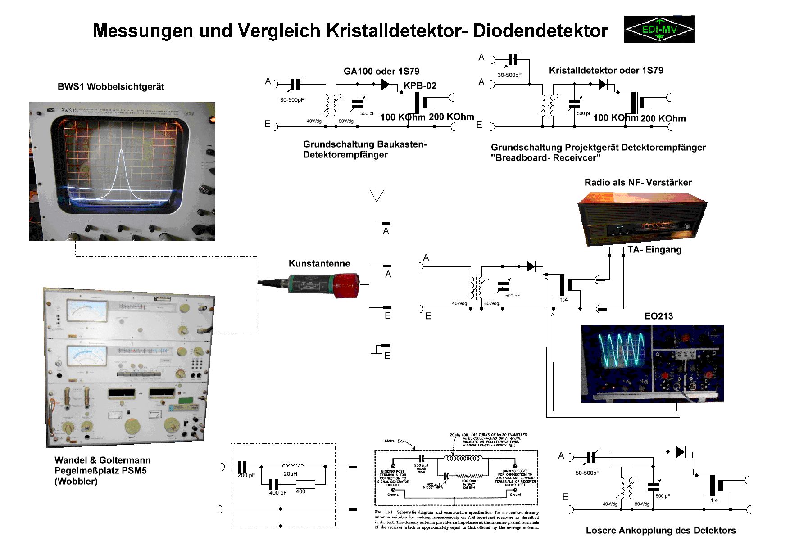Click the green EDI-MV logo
659,29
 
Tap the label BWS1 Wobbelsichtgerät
111,87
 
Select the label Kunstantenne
319,264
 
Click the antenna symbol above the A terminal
377,198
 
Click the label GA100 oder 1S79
381,71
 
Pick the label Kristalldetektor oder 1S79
606,70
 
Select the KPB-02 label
420,85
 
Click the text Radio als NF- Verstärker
638,182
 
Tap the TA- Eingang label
654,250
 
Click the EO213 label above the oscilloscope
658,316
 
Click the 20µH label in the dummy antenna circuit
290,474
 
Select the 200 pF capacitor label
246,475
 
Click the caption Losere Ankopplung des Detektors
660,531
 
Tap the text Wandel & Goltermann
103,460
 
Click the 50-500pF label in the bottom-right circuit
587,473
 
